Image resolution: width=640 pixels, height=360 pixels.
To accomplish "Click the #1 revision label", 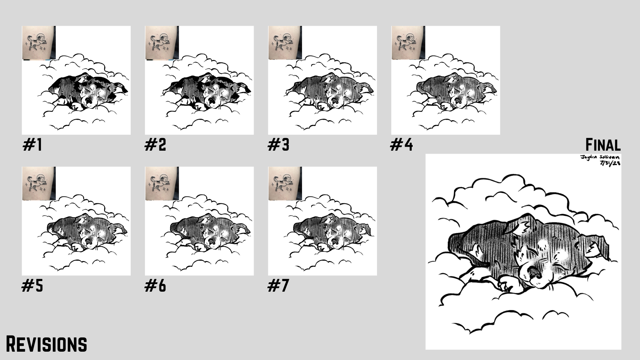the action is tap(32, 145).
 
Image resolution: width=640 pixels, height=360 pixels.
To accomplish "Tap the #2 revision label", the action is tap(155, 145).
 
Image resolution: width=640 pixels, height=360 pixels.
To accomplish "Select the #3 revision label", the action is tap(279, 145).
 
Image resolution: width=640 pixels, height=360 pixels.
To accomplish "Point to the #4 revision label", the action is tap(402, 145).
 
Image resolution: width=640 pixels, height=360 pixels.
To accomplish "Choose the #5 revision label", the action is tap(32, 286).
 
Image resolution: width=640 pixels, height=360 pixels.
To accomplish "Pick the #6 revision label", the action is tap(155, 286).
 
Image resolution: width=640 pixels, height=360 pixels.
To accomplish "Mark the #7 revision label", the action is tap(278, 286).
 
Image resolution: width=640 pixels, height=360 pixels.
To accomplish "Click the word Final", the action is tap(603, 145).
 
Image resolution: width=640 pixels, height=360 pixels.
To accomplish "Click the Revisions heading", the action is tap(47, 344).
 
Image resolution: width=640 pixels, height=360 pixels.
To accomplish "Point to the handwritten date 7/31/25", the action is tap(610, 163).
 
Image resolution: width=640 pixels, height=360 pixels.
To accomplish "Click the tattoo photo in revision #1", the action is tap(39, 43).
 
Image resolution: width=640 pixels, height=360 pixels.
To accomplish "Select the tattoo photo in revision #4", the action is tap(408, 43).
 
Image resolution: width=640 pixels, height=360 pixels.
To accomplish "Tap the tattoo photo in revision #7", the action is tap(285, 184).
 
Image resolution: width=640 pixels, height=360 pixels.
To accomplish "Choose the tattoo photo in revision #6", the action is tap(162, 184).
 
